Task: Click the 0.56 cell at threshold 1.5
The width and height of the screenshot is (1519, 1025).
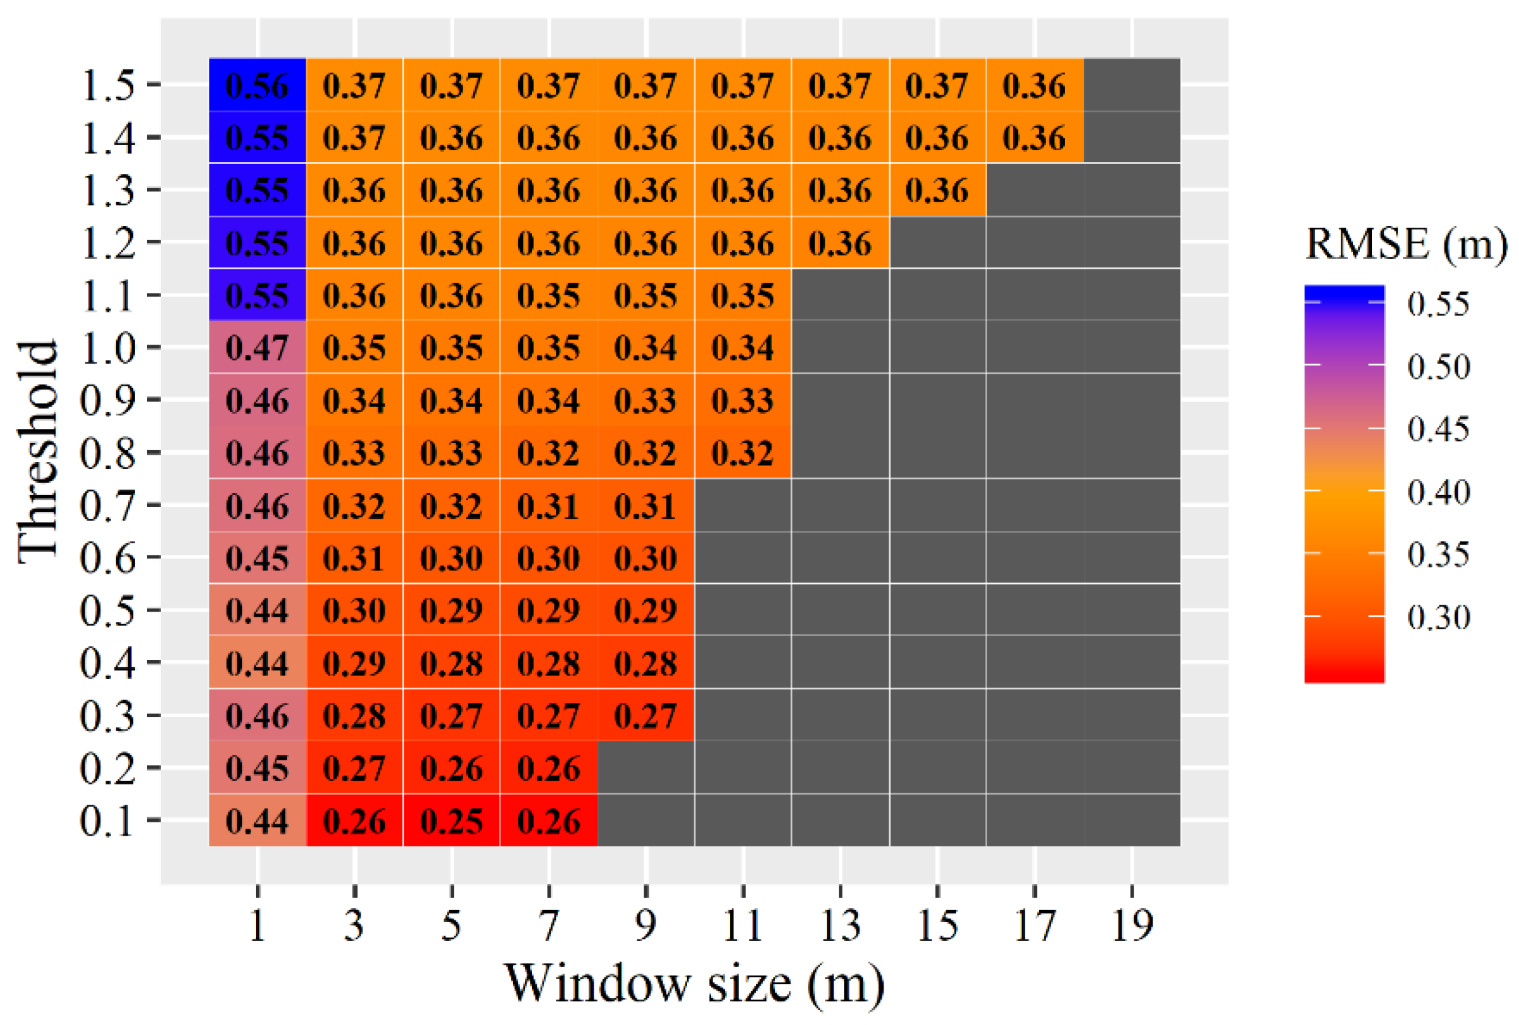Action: [257, 86]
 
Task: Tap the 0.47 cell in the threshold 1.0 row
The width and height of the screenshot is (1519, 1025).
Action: [257, 348]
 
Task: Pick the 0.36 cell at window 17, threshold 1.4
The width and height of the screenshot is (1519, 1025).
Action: [1034, 138]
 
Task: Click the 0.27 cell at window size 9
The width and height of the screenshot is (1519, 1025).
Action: [645, 715]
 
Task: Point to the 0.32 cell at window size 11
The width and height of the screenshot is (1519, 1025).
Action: [743, 453]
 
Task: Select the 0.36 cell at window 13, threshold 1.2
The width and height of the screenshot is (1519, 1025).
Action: [840, 243]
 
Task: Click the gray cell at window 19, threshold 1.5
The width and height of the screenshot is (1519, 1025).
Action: [1131, 85]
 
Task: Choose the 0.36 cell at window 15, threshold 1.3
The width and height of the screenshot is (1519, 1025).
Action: [937, 190]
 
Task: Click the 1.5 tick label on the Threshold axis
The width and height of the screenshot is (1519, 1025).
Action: [108, 85]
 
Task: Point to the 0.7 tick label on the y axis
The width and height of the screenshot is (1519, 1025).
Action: [108, 505]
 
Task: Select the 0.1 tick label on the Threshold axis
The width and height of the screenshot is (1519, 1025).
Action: [108, 821]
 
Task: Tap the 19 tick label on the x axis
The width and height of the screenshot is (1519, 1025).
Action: [1131, 925]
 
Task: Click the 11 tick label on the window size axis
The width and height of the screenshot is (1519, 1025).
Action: [743, 925]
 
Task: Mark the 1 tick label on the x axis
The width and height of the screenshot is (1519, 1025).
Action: [257, 925]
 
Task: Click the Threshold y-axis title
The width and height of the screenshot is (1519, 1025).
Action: [37, 451]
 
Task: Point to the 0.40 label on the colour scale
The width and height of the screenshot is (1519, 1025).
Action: [1439, 492]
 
